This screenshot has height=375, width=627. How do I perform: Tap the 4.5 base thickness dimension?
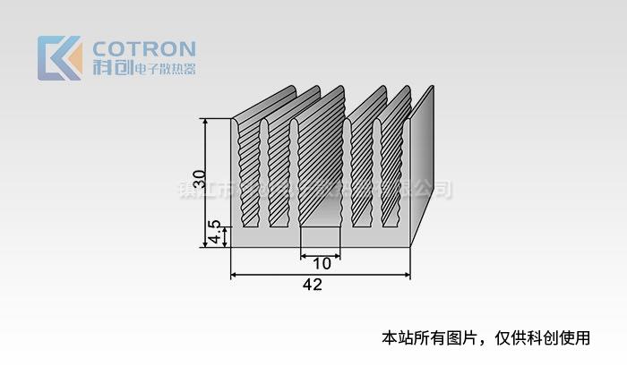(214, 235)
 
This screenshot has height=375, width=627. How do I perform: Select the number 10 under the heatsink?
(322, 264)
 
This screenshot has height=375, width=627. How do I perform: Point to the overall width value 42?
(312, 286)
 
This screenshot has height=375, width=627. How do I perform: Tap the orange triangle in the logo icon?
(73, 60)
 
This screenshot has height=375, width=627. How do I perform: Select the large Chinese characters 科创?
(111, 67)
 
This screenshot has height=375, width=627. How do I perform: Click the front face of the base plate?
(321, 236)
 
